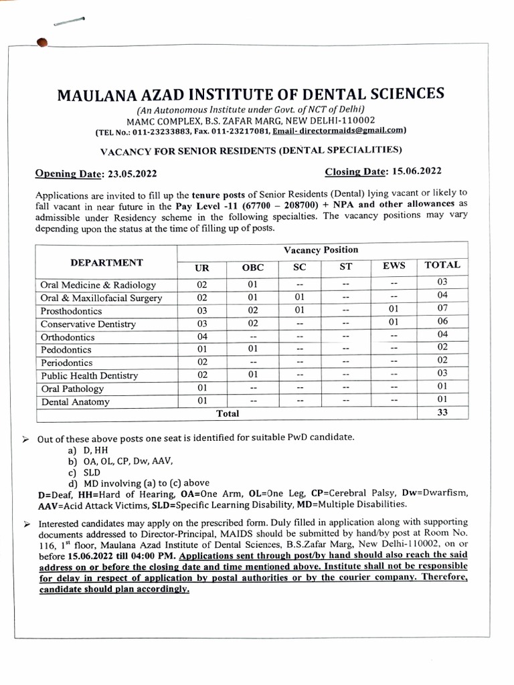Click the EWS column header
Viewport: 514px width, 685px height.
click(x=394, y=266)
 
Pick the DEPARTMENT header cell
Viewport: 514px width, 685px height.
click(x=106, y=262)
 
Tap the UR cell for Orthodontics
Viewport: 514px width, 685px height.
click(x=201, y=337)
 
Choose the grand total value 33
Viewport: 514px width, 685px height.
click(x=442, y=413)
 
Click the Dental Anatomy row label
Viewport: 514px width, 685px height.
click(x=75, y=402)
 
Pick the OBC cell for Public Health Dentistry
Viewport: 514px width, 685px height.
click(x=253, y=375)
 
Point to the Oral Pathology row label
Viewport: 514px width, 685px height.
click(x=72, y=389)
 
